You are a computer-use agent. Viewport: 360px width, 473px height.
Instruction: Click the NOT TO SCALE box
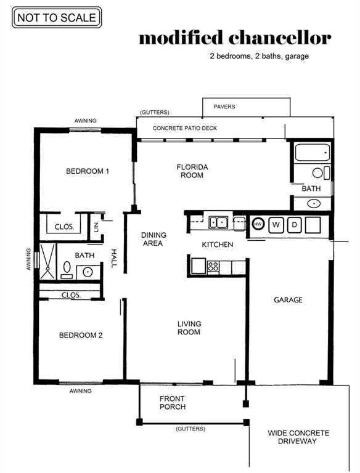[57, 17]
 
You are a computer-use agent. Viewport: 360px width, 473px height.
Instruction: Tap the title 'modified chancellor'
[235, 38]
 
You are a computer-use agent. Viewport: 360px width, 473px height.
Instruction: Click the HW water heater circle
[258, 224]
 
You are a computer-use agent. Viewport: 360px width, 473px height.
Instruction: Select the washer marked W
[276, 225]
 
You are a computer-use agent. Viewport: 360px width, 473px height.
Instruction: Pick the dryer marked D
[294, 225]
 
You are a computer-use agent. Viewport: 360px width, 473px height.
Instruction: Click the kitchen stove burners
[213, 266]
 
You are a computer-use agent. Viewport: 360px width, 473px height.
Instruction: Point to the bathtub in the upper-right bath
[313, 153]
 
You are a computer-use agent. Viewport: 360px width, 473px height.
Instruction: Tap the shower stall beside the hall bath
[47, 261]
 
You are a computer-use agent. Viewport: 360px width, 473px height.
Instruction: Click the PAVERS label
[224, 107]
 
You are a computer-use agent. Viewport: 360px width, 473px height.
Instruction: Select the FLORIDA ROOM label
[192, 171]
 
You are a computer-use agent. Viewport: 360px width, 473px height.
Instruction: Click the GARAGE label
[288, 300]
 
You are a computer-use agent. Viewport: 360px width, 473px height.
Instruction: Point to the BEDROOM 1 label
[88, 171]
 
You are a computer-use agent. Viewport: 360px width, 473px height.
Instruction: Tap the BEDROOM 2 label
[81, 335]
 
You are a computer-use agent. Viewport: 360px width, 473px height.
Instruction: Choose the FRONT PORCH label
[173, 403]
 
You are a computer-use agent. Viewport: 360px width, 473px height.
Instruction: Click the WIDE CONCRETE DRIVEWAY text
[298, 437]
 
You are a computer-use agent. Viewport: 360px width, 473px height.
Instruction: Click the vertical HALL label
[114, 259]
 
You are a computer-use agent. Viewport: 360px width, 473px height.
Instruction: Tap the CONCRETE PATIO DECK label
[184, 128]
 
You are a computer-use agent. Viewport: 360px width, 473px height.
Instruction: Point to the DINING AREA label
[153, 239]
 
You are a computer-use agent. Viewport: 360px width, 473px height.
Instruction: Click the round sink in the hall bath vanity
[88, 272]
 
